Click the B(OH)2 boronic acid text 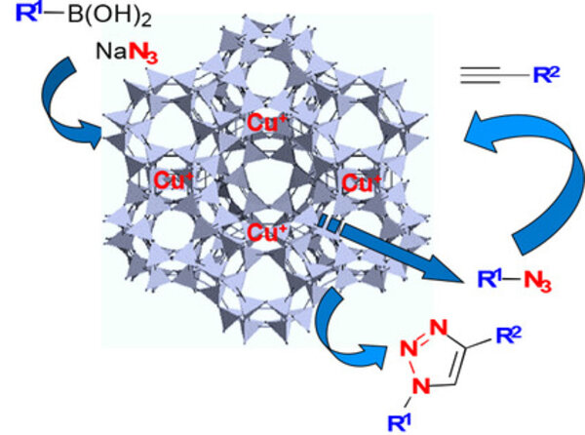[x=109, y=16]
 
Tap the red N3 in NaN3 [x=143, y=53]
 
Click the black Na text [x=111, y=51]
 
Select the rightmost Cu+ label [x=362, y=182]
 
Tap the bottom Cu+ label [x=267, y=232]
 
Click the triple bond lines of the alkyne [x=480, y=75]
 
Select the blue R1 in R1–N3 [x=489, y=278]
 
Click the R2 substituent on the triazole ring [x=509, y=335]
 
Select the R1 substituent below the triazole [x=400, y=422]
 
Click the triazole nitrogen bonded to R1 [x=421, y=384]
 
